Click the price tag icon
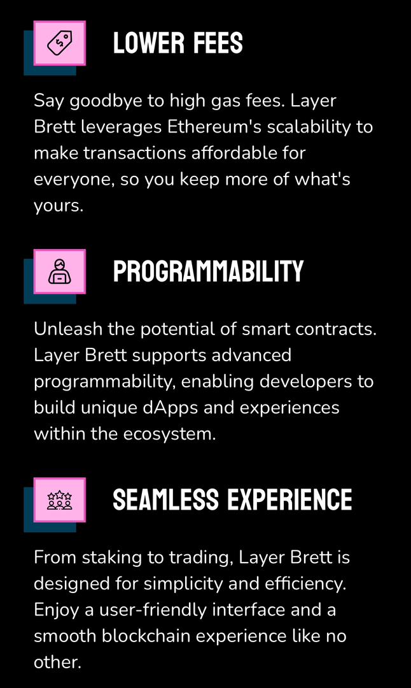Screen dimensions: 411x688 click(60, 43)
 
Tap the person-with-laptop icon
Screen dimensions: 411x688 click(60, 271)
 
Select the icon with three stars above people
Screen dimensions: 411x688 click(60, 500)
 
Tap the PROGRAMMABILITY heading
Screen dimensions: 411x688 click(208, 271)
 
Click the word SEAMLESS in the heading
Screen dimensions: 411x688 click(165, 500)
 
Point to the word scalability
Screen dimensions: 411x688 click(309, 128)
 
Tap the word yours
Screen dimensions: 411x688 click(59, 206)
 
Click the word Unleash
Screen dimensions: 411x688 click(68, 329)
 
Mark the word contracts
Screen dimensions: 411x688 click(336, 330)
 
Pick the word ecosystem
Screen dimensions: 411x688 click(170, 435)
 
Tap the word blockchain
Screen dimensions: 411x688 click(146, 636)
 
